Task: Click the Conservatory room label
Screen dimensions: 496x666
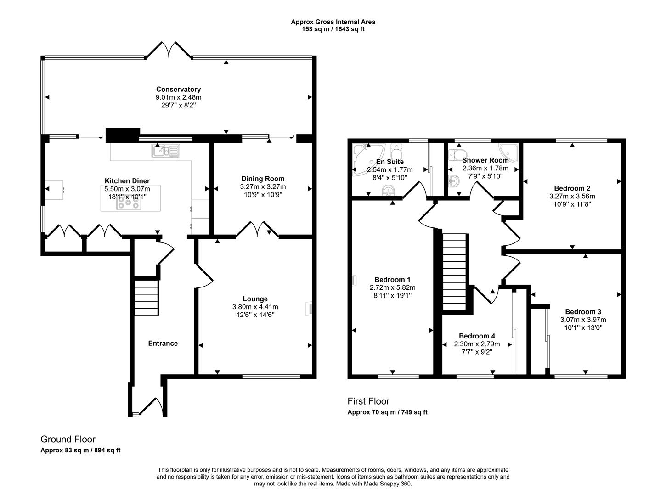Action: [x=178, y=90]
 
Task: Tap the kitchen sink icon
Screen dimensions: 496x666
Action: [x=166, y=151]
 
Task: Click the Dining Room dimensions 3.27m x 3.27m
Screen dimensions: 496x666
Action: [x=263, y=187]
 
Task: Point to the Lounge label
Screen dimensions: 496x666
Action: [x=255, y=299]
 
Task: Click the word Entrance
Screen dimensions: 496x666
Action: [x=163, y=344]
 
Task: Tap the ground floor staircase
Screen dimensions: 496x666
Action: [x=147, y=298]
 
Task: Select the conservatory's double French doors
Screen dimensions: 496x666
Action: [x=169, y=50]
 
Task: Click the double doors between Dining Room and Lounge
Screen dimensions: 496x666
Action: [x=257, y=230]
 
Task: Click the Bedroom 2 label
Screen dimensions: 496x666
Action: [x=572, y=188]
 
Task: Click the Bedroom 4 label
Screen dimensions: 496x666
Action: [x=477, y=336]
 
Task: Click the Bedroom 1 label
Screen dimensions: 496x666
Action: [x=392, y=280]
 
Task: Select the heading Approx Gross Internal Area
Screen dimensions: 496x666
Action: [x=333, y=22]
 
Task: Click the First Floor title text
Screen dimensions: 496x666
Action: [x=368, y=401]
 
